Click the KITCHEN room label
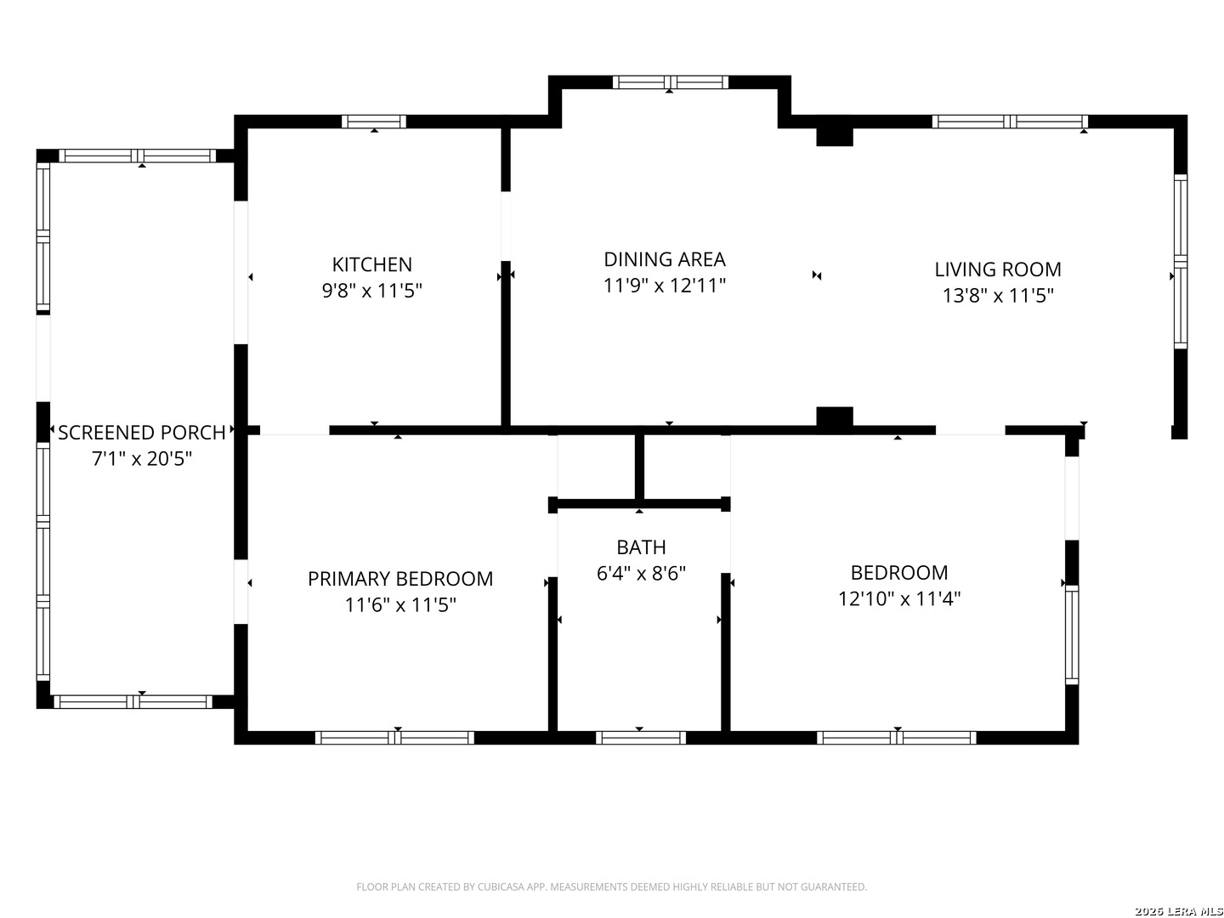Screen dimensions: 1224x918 pos(371,264)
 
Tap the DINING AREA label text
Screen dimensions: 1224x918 pos(664,259)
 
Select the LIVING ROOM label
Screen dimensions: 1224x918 pos(998,269)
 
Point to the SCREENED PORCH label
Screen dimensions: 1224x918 pos(142,433)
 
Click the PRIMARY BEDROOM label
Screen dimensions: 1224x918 pos(399,579)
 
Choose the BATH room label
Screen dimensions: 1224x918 pos(641,547)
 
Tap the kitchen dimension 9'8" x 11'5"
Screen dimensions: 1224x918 pos(371,291)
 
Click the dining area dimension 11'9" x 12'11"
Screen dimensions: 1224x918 pos(664,286)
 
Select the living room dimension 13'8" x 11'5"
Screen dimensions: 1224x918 pos(998,296)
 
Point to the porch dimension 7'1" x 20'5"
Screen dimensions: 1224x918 pos(142,459)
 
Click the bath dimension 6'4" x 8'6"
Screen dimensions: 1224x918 pos(641,573)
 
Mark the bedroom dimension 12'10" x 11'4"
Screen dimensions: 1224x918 pos(899,598)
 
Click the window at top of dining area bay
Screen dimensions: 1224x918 pos(671,82)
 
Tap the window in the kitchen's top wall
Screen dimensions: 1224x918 pos(374,122)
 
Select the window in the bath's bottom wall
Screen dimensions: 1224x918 pos(641,738)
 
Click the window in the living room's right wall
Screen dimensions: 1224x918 pos(1180,262)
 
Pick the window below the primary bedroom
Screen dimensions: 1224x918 pos(394,738)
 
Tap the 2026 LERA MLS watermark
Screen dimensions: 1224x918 pos(1178,910)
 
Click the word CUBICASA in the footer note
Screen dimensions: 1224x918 pos(501,887)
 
